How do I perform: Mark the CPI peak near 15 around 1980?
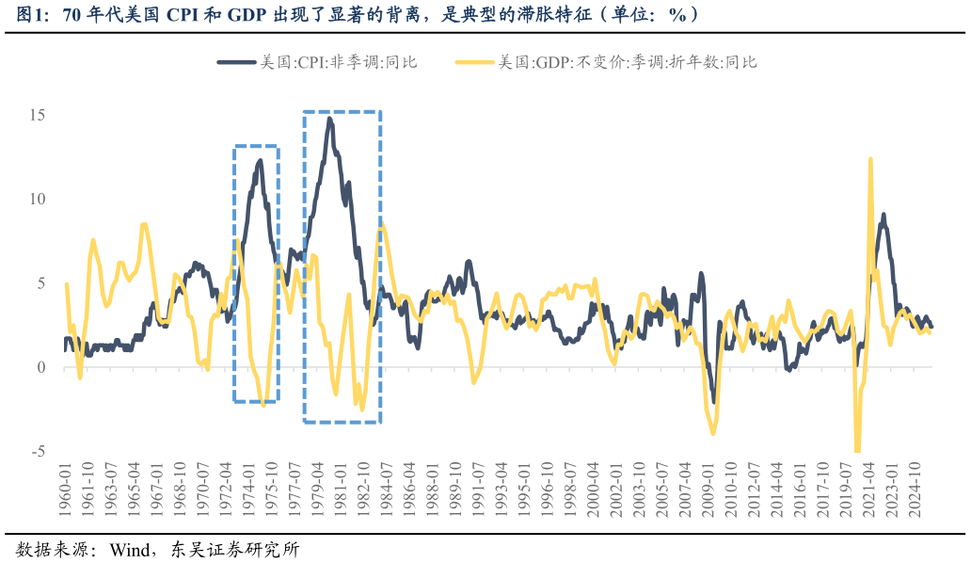click(329, 119)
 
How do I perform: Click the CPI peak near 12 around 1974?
click(260, 161)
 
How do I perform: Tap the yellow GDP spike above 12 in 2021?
click(870, 159)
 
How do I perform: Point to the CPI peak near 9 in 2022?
click(883, 216)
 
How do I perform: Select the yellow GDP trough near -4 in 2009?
click(713, 433)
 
